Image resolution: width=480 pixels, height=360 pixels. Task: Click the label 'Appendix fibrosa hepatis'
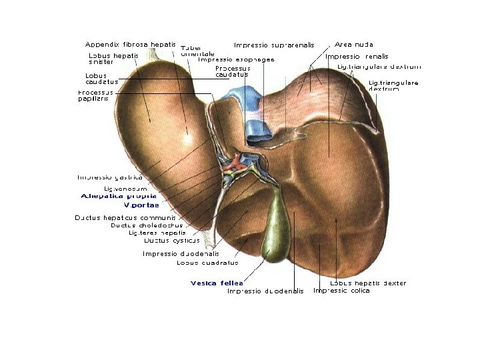[131, 44]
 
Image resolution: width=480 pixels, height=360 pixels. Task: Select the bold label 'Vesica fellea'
[216, 283]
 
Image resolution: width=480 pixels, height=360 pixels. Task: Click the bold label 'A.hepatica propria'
[119, 196]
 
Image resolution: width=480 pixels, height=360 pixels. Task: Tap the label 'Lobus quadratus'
[207, 262]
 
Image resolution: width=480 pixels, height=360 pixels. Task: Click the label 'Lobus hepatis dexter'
[368, 283]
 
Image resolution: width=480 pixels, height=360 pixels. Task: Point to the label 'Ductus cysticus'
[172, 240]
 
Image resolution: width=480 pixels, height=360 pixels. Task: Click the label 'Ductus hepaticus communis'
[125, 217]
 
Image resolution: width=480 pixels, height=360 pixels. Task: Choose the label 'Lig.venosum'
[125, 189]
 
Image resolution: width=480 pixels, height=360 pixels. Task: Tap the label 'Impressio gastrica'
[110, 177]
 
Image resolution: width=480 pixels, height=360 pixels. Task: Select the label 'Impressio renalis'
[357, 57]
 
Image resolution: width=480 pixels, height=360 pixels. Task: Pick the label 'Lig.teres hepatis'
[157, 233]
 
